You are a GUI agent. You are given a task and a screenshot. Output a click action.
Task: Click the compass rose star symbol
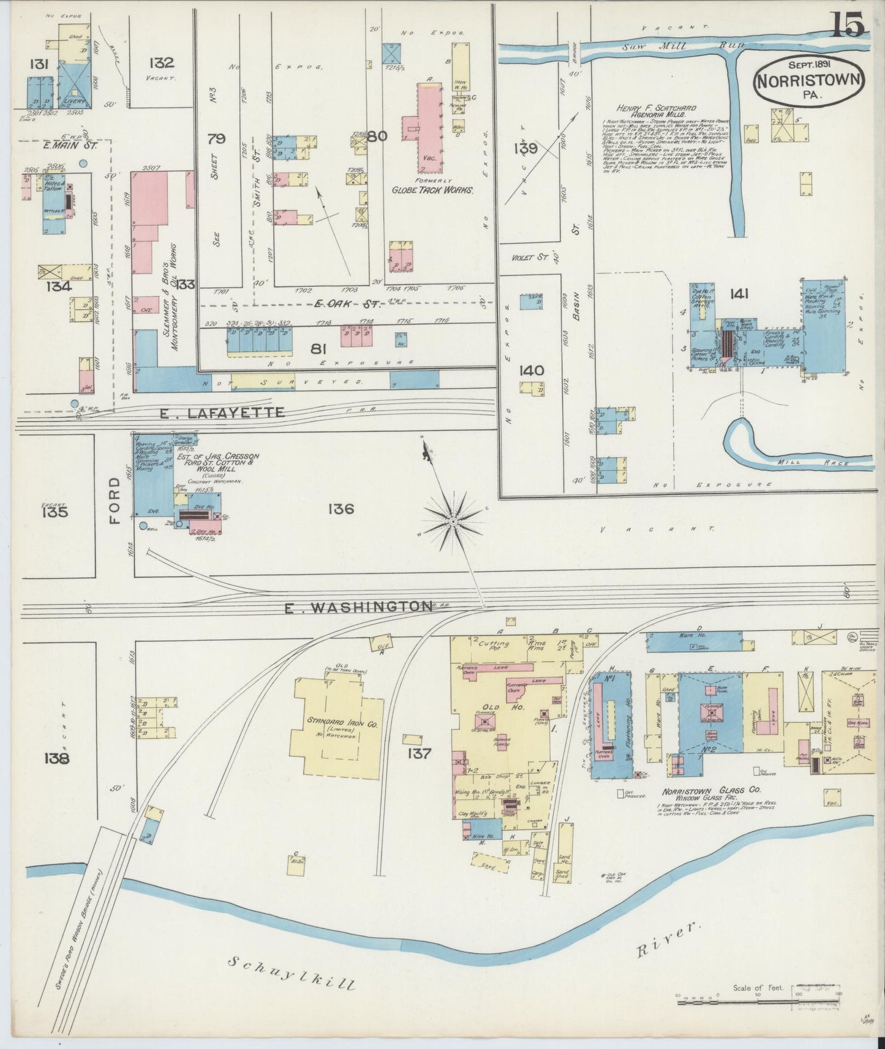point(453,521)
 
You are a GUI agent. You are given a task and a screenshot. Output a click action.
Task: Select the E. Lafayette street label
point(222,413)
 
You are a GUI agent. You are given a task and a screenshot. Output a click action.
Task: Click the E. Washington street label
point(359,607)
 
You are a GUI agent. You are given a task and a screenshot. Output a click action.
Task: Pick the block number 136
point(341,509)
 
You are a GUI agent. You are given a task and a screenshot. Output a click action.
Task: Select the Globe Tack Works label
point(432,190)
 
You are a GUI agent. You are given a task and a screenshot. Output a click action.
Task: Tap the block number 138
point(56,758)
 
